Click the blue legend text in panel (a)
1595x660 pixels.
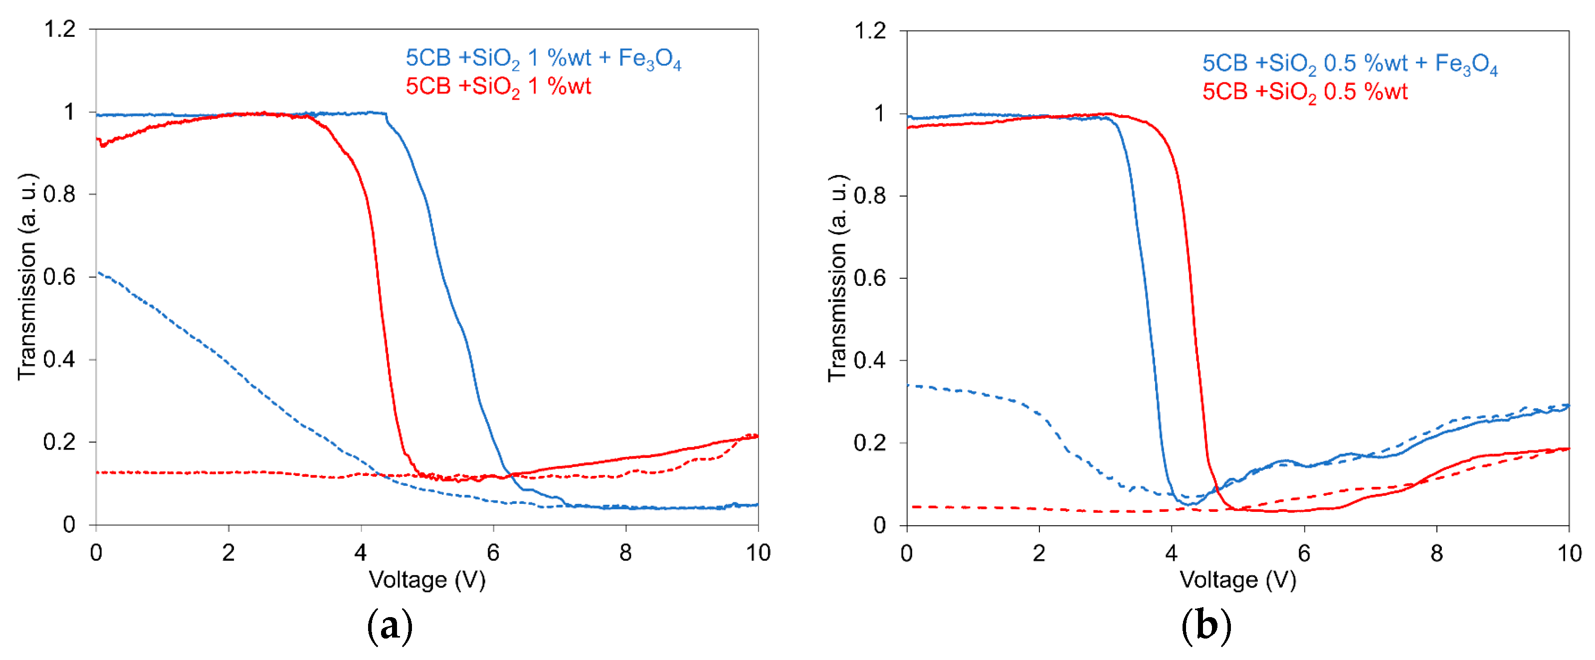tap(543, 59)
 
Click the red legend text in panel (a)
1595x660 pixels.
tap(498, 87)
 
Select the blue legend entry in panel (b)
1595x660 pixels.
tap(1350, 64)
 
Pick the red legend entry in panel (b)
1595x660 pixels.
tap(1305, 92)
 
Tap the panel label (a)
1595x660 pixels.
tap(390, 627)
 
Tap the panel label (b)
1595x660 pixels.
tap(1205, 627)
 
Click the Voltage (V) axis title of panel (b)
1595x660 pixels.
tap(1238, 580)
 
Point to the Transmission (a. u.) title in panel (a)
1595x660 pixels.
tap(27, 277)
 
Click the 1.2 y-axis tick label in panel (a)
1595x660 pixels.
tap(60, 28)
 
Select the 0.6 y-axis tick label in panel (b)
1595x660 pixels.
tap(870, 278)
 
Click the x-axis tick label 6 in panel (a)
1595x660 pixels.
tap(493, 552)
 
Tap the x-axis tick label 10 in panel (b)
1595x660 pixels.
tap(1569, 553)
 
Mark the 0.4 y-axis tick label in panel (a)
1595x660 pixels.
tap(60, 359)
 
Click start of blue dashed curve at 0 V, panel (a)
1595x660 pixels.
tap(98, 272)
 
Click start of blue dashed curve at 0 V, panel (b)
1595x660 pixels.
tap(908, 385)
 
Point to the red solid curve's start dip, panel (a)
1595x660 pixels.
tap(103, 146)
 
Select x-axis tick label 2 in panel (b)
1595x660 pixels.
tap(1038, 553)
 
